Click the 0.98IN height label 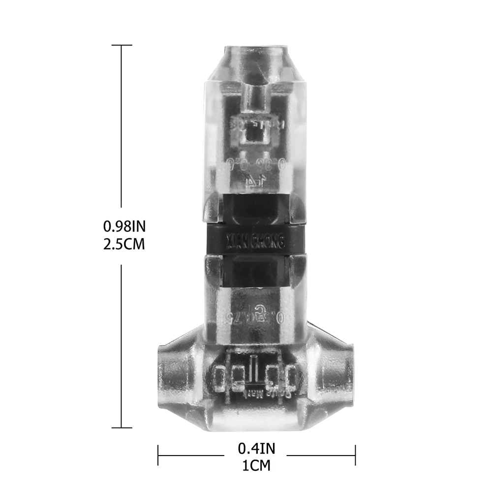point(124,226)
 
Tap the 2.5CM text point(124,244)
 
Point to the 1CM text point(256,465)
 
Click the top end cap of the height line point(122,45)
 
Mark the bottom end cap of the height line point(122,428)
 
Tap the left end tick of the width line point(158,455)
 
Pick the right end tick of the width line point(355,455)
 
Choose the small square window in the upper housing point(254,133)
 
